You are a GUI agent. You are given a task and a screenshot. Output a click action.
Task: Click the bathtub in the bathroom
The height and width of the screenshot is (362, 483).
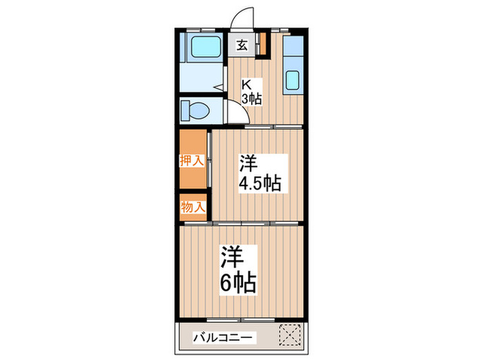(204, 48)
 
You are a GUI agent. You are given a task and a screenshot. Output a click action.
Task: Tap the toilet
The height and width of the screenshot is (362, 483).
(199, 110)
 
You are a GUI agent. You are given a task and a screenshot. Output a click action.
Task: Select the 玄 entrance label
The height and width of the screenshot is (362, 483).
(243, 46)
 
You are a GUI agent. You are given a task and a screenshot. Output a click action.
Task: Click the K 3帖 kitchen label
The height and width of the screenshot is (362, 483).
(250, 92)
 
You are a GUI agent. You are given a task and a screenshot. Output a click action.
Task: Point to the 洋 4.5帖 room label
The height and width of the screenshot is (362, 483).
(259, 174)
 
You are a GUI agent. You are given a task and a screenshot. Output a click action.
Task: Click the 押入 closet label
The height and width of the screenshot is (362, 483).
(191, 161)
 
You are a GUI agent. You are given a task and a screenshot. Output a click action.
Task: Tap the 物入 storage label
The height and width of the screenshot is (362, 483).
(193, 207)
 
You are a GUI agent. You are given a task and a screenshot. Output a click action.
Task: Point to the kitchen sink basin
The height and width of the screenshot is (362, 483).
(293, 81)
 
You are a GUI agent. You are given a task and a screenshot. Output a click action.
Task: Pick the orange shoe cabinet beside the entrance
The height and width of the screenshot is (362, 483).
(262, 43)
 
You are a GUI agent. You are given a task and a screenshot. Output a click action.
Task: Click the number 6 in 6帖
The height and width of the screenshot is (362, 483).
(227, 283)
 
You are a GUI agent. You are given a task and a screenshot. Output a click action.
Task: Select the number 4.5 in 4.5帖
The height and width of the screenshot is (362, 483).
(250, 184)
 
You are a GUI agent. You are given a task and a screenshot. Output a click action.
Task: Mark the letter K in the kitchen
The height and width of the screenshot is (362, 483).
(245, 85)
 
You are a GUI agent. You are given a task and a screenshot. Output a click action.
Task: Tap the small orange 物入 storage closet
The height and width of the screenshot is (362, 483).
(193, 207)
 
